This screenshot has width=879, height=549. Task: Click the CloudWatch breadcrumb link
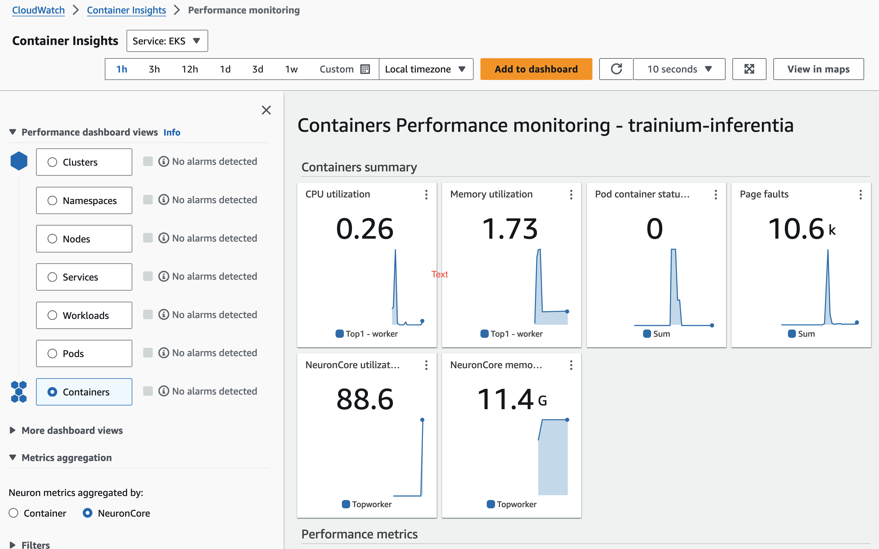(x=38, y=10)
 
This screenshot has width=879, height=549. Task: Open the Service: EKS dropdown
(x=167, y=41)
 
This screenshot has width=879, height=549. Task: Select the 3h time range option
(x=154, y=69)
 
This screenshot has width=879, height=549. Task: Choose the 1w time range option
(x=291, y=69)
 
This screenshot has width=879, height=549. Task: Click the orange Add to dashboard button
(x=536, y=69)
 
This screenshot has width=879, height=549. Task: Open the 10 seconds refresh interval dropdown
(x=679, y=69)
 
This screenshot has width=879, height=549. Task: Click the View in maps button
(x=818, y=69)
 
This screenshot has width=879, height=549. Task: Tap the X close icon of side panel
(x=266, y=110)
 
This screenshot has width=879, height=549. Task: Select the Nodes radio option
(x=53, y=239)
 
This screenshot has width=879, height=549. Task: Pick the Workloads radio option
(x=53, y=315)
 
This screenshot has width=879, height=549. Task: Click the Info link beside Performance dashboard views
(x=172, y=133)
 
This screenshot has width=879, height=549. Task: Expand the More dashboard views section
(x=72, y=430)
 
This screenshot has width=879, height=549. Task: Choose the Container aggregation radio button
(x=14, y=513)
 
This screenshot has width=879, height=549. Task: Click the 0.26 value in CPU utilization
(x=364, y=229)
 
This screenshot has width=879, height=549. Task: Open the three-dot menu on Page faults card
(x=860, y=195)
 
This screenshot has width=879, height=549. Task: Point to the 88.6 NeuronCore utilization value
(x=364, y=399)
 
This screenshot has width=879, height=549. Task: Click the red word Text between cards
(x=439, y=274)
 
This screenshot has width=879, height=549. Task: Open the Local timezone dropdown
(x=425, y=69)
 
